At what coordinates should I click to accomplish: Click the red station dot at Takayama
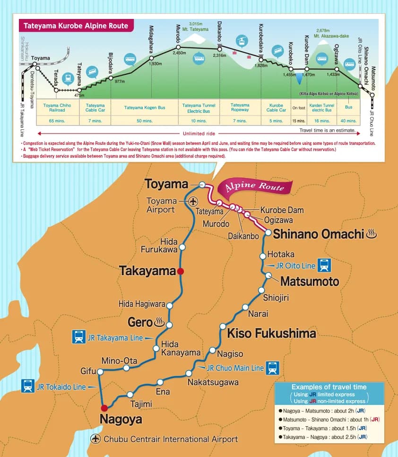tap(180, 271)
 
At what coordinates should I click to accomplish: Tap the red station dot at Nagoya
tap(104, 407)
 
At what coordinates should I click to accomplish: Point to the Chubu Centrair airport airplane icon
tap(96, 439)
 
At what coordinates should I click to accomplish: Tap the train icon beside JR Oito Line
tap(324, 266)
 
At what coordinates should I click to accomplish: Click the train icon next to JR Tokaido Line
tap(28, 386)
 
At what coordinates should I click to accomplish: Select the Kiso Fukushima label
tap(271, 333)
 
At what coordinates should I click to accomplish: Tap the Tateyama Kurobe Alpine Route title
tap(76, 26)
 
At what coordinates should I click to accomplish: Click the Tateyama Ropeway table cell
tap(240, 108)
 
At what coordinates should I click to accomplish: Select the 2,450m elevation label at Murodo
tap(180, 53)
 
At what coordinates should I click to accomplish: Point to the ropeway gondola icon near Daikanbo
tap(241, 41)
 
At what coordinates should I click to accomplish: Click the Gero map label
tap(140, 323)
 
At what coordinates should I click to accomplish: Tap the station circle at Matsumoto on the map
tap(268, 275)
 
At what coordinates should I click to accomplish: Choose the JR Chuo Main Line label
tap(235, 367)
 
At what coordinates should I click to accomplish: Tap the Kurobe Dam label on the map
tap(282, 210)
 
